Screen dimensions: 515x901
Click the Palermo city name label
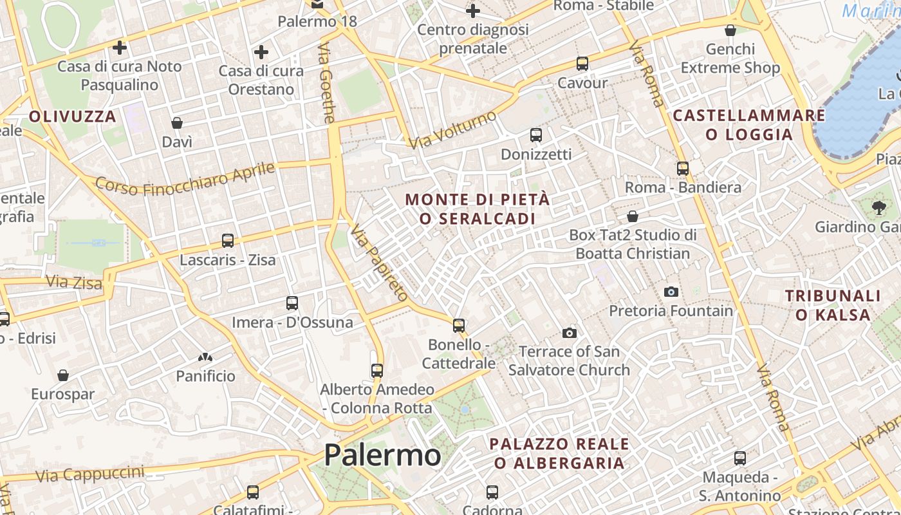[x=382, y=455]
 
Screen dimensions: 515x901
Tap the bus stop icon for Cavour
[x=582, y=64]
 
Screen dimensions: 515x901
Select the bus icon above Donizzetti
[x=536, y=135]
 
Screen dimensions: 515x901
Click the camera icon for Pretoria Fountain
[x=671, y=292]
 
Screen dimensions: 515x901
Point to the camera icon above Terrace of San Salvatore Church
[x=569, y=333]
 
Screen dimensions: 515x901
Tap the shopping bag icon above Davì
[x=177, y=123]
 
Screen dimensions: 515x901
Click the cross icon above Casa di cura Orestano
[x=261, y=52]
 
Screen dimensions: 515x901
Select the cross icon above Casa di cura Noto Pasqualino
[x=120, y=47]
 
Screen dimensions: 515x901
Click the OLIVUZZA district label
[x=73, y=117]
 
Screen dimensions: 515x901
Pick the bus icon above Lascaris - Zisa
[x=228, y=241]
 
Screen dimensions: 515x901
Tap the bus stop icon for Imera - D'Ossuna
[x=292, y=303]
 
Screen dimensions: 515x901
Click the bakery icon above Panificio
[x=205, y=357]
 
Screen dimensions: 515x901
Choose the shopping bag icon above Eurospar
[x=63, y=375]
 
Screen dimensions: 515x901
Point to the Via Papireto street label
[x=379, y=263]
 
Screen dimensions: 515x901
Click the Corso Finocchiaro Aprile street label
[x=185, y=178]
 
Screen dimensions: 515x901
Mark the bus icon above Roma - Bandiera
[x=683, y=169]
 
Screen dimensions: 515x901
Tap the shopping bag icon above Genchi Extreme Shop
[x=730, y=30]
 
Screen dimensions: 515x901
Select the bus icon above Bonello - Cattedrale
[x=459, y=325]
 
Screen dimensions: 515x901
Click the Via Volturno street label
[x=454, y=129]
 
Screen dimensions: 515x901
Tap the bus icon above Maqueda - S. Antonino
[x=740, y=458]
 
